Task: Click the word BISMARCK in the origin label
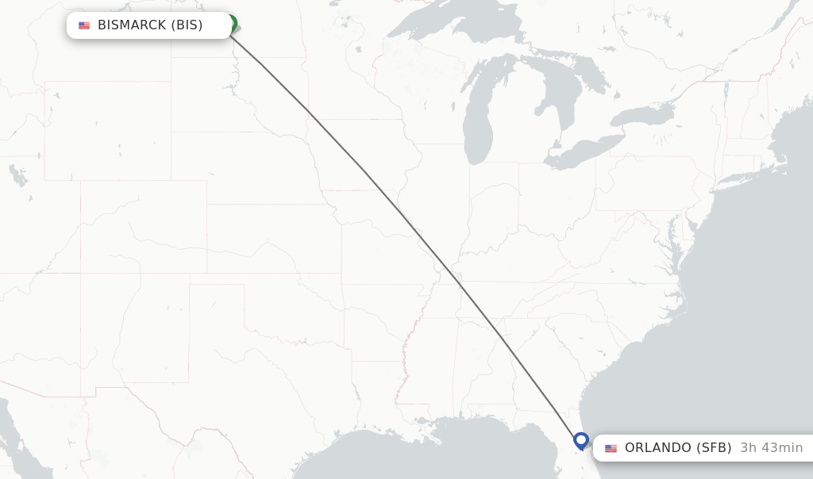(x=132, y=25)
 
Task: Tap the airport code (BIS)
(x=187, y=25)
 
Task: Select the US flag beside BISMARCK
(x=84, y=25)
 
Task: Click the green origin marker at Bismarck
(x=231, y=23)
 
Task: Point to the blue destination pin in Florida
(x=580, y=440)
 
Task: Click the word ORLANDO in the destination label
(x=658, y=448)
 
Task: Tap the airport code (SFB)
(x=714, y=448)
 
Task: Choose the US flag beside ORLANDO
(x=611, y=448)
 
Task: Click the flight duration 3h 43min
(x=771, y=448)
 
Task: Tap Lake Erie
(x=588, y=151)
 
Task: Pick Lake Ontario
(x=643, y=117)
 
